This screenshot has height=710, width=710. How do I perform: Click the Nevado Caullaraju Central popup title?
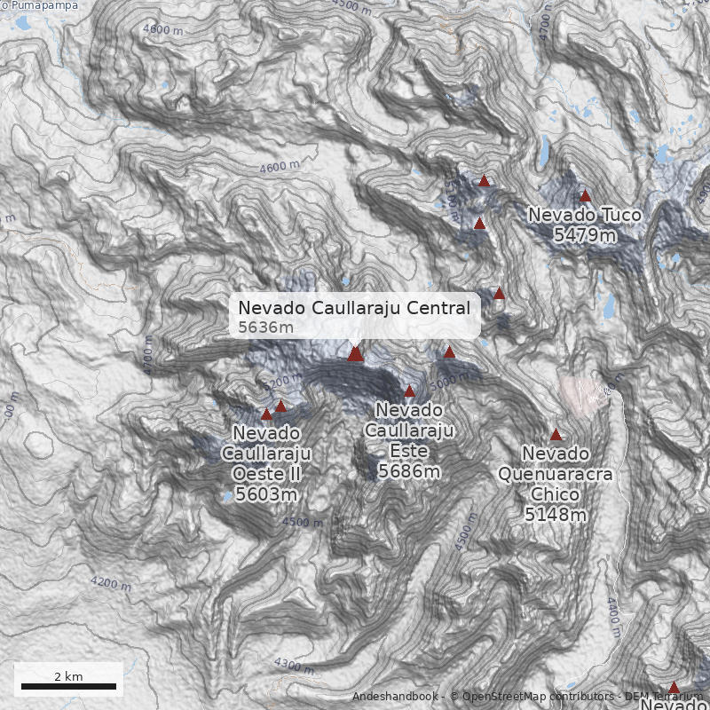[x=354, y=308]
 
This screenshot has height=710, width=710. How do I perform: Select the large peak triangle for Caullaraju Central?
[x=356, y=354]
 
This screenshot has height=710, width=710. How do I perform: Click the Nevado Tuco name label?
[x=584, y=215]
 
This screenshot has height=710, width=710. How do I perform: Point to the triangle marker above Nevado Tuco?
[x=585, y=196]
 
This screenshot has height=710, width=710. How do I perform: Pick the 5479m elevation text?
[x=584, y=235]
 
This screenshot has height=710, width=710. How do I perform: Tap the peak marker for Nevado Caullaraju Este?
[x=409, y=391]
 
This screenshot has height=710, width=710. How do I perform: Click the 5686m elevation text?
[x=408, y=471]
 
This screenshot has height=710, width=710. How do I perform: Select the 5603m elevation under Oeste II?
[x=265, y=494]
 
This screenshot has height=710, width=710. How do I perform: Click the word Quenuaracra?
[x=555, y=474]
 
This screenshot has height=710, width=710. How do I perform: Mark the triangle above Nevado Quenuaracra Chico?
[x=556, y=435]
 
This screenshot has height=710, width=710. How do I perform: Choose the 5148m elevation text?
[x=555, y=515]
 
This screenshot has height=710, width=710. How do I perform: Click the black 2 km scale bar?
[x=68, y=686]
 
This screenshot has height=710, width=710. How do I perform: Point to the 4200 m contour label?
[x=110, y=584]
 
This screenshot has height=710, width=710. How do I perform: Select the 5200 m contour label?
[x=283, y=383]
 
